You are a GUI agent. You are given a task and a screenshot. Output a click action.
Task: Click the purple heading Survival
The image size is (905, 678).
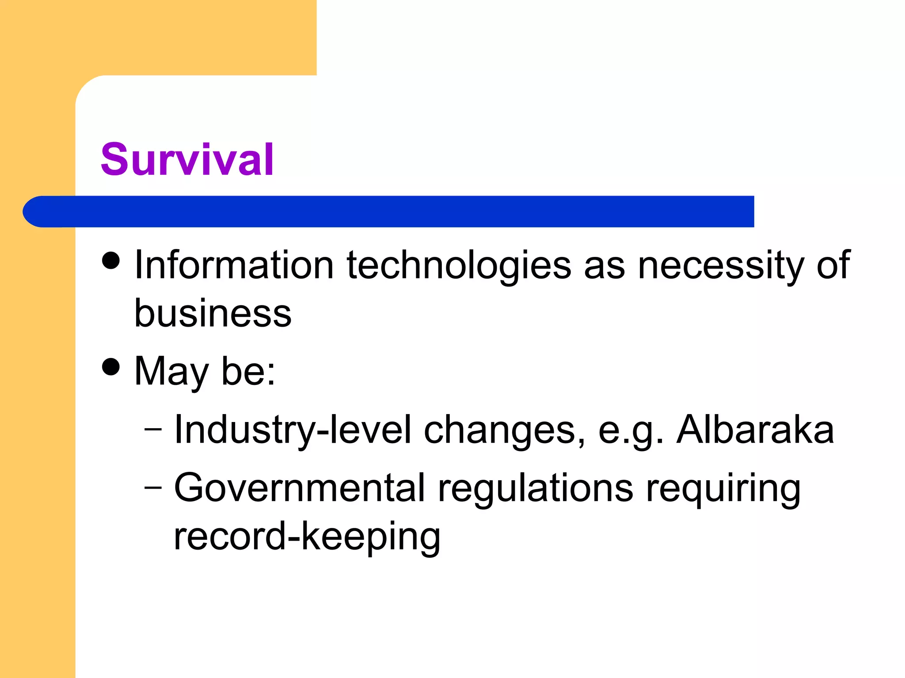pos(187,160)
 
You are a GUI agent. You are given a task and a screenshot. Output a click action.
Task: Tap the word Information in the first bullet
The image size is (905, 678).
pos(234,265)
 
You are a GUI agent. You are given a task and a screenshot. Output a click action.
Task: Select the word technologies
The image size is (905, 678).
pos(459,266)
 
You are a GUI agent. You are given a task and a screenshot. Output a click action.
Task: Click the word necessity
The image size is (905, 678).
pos(721,266)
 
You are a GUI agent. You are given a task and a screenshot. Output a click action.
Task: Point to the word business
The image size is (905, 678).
pos(213,313)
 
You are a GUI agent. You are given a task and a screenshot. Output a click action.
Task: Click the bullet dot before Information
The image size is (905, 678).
pos(110,260)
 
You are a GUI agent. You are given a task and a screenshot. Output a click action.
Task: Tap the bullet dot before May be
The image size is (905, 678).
pos(110,366)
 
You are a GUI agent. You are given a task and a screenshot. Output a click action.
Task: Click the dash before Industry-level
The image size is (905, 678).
pos(153,429)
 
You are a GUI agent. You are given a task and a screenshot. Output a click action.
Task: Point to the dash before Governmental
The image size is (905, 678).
pos(153,487)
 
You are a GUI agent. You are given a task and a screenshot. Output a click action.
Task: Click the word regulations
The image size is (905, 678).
pos(535,489)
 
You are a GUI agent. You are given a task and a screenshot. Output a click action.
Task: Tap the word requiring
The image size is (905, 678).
pos(723,489)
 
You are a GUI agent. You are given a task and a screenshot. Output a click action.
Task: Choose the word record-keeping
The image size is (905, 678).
pos(307,537)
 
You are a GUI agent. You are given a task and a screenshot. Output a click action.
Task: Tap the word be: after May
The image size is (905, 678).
pos(248,371)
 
